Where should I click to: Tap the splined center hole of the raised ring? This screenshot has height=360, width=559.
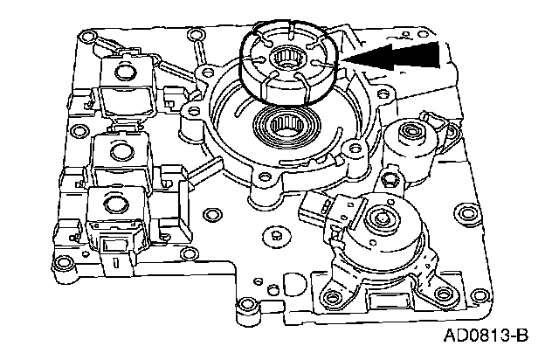pyautogui.click(x=286, y=61)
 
